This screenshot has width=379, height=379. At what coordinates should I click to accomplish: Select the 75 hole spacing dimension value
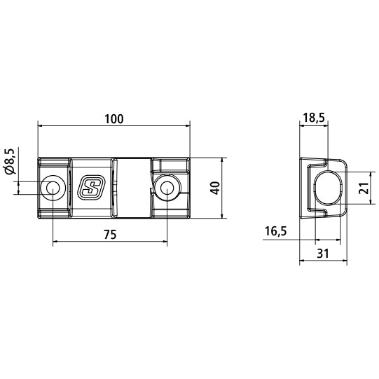pos(109,235)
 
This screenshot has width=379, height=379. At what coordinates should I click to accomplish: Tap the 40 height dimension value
pos(215,188)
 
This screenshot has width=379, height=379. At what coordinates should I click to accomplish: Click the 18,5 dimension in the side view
pos(313,118)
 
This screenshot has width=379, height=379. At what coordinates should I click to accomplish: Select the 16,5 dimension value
pos(275,230)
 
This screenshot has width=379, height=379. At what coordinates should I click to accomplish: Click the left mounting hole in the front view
pos(52,187)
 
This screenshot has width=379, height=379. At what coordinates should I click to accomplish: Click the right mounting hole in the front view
pos(166,187)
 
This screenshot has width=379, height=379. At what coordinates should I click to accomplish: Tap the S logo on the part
pos(90,187)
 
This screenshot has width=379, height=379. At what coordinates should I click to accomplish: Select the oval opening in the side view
pos(327,188)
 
